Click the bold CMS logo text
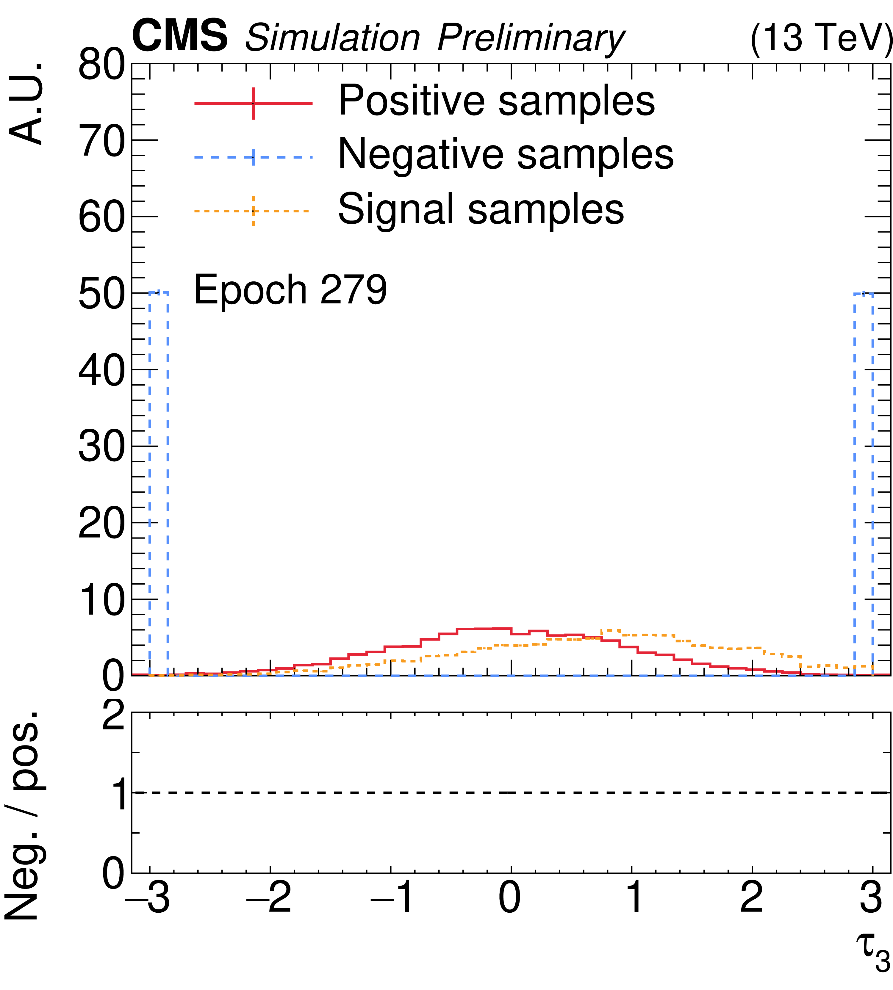(179, 35)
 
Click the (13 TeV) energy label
(820, 38)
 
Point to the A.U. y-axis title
(27, 104)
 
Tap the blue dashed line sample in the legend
(253, 157)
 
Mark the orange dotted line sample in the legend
(253, 211)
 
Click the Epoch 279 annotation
(290, 290)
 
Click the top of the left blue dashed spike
(159, 292)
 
